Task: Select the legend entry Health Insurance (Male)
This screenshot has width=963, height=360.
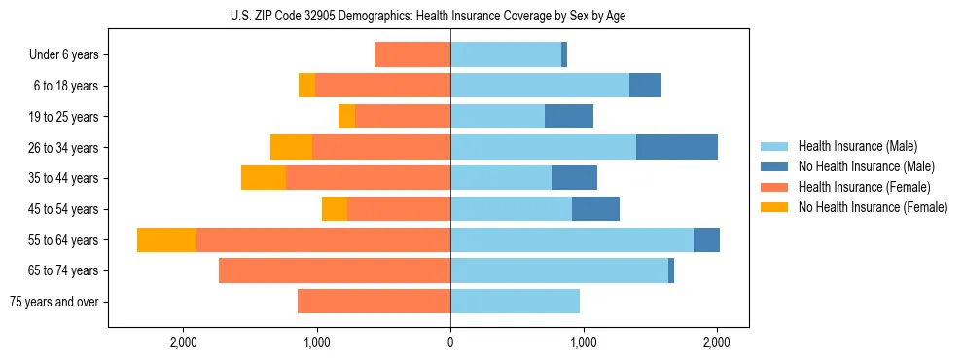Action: coord(857,146)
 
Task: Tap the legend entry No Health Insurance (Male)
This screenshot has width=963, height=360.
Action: coord(866,166)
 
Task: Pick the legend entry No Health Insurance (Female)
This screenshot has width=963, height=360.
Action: coord(873,207)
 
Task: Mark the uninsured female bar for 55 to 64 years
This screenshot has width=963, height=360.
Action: coord(166,240)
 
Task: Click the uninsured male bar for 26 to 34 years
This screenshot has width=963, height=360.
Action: coord(677,148)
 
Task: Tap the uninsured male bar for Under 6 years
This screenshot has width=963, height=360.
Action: coord(564,55)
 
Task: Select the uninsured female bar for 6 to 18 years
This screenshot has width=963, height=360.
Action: coord(306,86)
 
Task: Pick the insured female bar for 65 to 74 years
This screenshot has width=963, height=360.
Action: coord(335,270)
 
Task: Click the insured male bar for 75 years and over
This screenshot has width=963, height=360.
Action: coord(515,302)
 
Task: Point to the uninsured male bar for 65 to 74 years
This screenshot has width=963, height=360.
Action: coord(671,270)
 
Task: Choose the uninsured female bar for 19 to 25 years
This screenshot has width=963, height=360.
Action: coord(346,117)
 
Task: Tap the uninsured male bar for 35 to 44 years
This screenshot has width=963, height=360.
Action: coord(574,178)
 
